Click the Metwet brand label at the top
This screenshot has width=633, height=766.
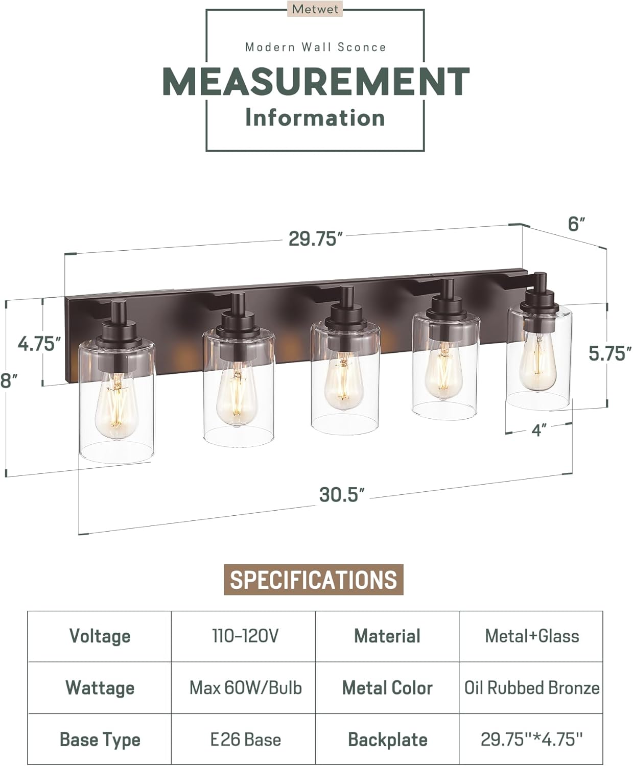[315, 9]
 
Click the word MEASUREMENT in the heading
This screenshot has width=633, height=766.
[316, 82]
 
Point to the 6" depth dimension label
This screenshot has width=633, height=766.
[576, 224]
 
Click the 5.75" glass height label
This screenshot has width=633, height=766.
[610, 353]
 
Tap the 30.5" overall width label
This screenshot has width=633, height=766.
[342, 494]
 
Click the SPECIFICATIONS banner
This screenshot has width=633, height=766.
[313, 580]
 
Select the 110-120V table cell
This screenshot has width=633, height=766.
[245, 636]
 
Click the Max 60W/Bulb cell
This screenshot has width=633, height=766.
[245, 688]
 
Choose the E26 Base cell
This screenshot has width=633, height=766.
[245, 739]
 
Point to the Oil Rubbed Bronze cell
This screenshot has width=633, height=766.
[531, 688]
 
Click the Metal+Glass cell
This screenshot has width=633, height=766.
[531, 636]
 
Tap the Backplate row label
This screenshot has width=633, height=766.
[387, 739]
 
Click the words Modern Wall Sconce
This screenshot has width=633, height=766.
[315, 47]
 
